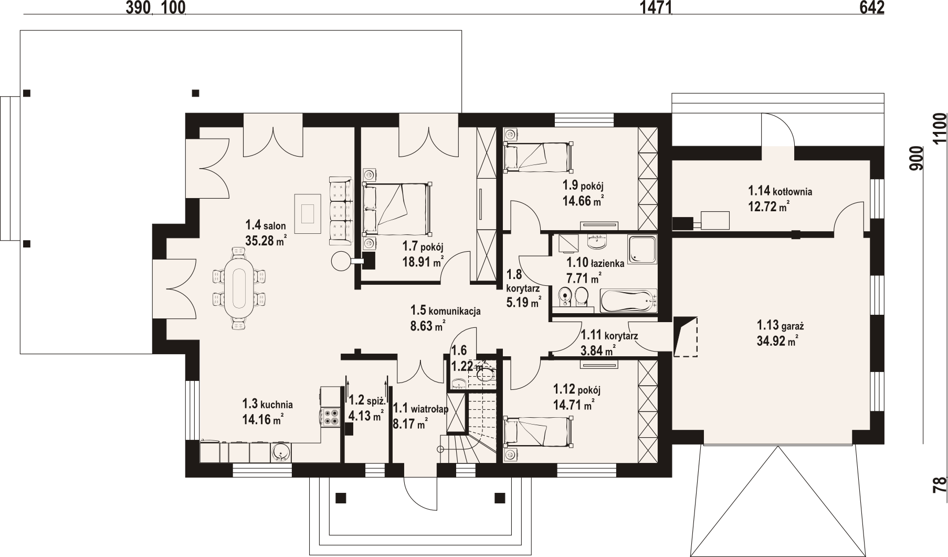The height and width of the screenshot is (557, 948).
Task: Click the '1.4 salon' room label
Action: [x=266, y=226]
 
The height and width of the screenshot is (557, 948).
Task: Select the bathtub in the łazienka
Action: [x=628, y=301]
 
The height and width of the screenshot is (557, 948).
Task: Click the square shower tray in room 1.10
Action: [x=642, y=250]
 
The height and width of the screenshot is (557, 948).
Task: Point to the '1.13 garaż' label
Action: [x=781, y=325]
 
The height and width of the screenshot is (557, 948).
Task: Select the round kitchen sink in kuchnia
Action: [x=281, y=452]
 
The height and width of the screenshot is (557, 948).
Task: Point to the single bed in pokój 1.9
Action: [x=537, y=157]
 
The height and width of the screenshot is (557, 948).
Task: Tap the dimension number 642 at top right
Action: [x=871, y=7]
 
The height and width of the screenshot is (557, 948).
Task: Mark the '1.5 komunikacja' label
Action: [x=446, y=311]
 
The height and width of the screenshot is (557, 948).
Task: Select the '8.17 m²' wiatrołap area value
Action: [x=410, y=424]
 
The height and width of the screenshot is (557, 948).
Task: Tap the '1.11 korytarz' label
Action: [x=609, y=336]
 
